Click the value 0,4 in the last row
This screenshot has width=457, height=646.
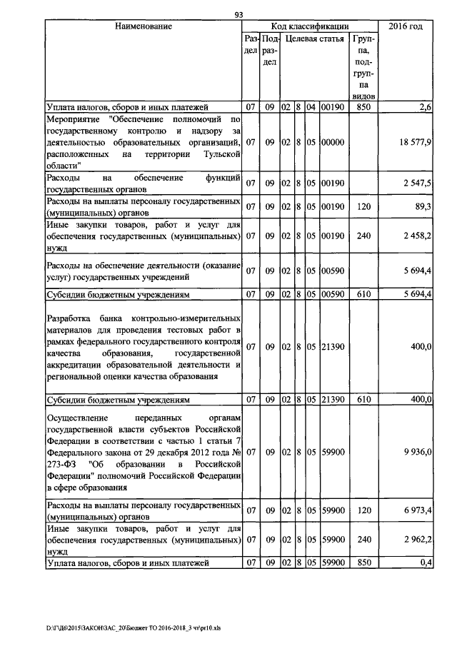click(427, 563)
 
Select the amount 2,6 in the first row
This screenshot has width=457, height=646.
click(426, 107)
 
